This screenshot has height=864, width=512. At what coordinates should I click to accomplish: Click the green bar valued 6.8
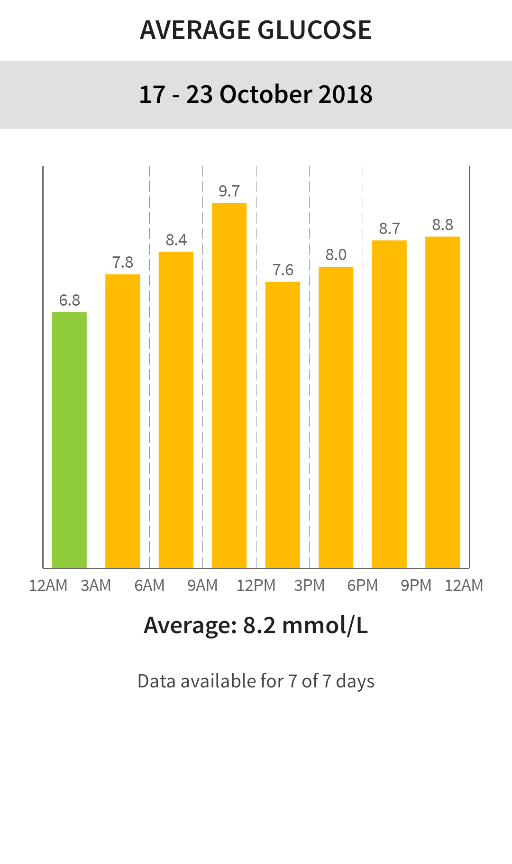[69, 440]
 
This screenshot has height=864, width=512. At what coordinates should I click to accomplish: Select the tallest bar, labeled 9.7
[229, 385]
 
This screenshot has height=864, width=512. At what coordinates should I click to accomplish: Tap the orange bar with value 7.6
[283, 425]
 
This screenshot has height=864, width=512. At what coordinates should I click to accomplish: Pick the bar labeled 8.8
[442, 402]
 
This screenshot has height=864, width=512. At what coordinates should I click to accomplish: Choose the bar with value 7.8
[122, 421]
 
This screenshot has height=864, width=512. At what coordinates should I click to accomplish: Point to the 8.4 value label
[176, 240]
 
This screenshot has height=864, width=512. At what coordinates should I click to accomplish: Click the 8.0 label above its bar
[336, 255]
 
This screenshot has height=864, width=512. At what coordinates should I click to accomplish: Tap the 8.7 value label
[389, 229]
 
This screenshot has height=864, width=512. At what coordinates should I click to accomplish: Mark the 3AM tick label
[96, 586]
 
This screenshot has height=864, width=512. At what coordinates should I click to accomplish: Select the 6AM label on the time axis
[149, 586]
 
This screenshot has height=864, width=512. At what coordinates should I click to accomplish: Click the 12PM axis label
[256, 586]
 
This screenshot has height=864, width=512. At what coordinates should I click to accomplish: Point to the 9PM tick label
[416, 586]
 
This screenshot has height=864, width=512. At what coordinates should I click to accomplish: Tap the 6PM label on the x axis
[363, 586]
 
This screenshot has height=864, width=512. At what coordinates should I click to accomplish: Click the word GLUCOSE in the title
[314, 30]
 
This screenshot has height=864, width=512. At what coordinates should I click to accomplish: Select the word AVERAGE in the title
[195, 30]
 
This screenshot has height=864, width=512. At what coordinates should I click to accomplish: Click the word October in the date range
[265, 94]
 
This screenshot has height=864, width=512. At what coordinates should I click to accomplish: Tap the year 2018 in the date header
[345, 94]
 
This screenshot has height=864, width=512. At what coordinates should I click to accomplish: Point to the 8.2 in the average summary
[259, 626]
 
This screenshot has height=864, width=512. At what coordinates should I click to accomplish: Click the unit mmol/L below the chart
[325, 626]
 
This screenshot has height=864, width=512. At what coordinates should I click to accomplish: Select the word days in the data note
[355, 681]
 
